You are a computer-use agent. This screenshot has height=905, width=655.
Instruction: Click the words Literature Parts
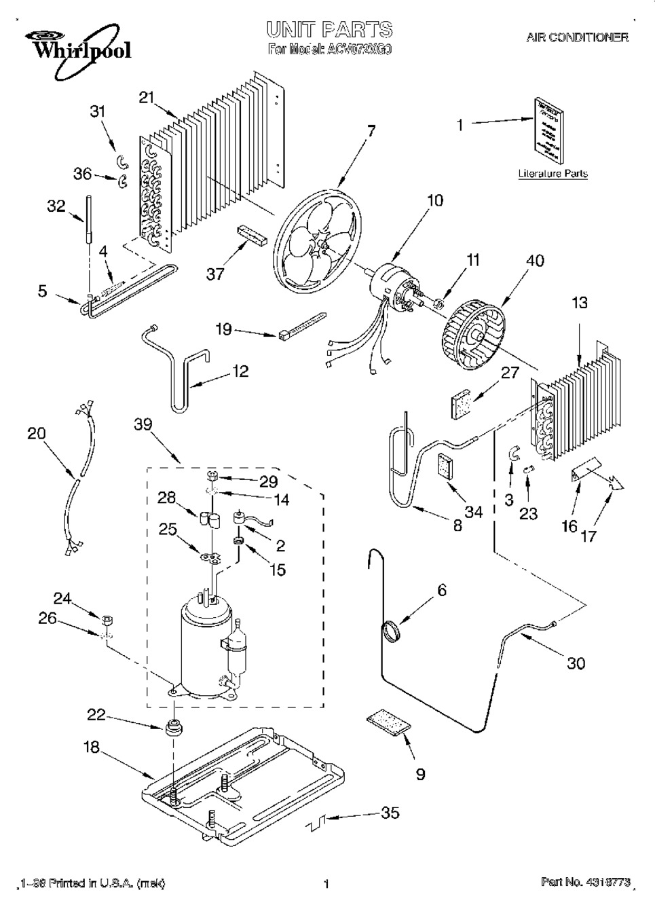pos(553,173)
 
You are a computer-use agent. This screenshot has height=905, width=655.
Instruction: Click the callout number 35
pos(390,813)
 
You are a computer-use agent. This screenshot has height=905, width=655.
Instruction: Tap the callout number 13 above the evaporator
pos(580,303)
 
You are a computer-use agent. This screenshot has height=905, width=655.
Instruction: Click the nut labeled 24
pos(107,619)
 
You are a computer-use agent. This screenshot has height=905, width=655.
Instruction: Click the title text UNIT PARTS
pos(329,29)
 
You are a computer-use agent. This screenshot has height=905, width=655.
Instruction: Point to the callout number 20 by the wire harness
pos(36,432)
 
